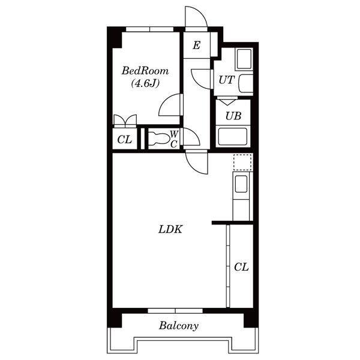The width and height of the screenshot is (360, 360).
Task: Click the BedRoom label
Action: pyautogui.click(x=145, y=71)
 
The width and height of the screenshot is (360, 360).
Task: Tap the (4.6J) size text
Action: pyautogui.click(x=145, y=83)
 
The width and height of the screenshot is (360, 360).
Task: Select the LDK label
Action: pyautogui.click(x=170, y=229)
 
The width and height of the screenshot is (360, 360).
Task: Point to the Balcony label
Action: pyautogui.click(x=179, y=326)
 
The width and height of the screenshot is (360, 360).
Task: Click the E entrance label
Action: pyautogui.click(x=197, y=45)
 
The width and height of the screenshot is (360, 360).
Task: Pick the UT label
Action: pyautogui.click(x=226, y=80)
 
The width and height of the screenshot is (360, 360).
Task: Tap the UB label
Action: pyautogui.click(x=233, y=116)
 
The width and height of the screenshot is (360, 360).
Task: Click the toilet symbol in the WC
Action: pyautogui.click(x=158, y=139)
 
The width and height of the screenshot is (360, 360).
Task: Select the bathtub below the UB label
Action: pyautogui.click(x=233, y=136)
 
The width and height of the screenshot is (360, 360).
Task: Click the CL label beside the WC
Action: pyautogui.click(x=125, y=139)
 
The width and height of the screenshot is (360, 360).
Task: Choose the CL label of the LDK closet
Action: pyautogui.click(x=241, y=267)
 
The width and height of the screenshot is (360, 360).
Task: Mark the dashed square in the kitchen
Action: pyautogui.click(x=242, y=162)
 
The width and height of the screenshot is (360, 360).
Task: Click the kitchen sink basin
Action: pyautogui.click(x=241, y=184)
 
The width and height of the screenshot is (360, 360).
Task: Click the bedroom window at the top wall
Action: pyautogui.click(x=149, y=29)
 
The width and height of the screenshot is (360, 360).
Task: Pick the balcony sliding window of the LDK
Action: pyautogui.click(x=175, y=311)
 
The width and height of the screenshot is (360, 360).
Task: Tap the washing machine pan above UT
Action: pyautogui.click(x=244, y=59)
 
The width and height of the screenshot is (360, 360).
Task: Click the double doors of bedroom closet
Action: pyautogui.click(x=125, y=121)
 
